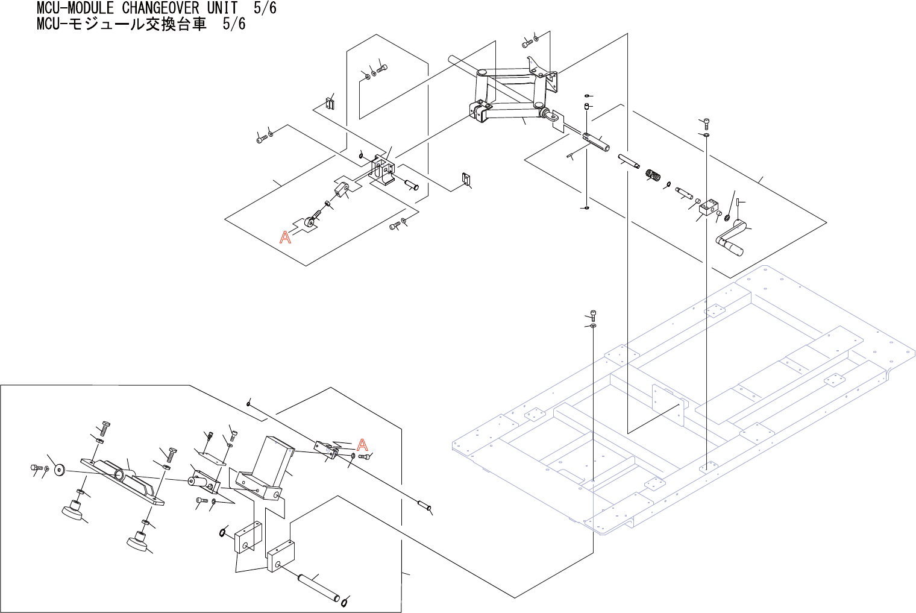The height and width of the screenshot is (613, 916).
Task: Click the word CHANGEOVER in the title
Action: coord(160,8)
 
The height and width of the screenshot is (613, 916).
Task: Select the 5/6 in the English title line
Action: coord(265,8)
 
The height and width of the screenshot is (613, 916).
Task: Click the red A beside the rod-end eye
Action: coord(285,237)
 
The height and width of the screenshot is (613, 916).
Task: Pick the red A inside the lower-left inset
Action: coord(362,445)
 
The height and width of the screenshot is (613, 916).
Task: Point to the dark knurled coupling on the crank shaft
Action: coord(653,175)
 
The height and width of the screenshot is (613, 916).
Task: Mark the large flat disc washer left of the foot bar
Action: coord(59,470)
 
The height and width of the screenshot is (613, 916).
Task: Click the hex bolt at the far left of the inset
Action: coord(34,467)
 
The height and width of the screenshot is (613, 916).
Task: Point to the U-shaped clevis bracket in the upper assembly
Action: coord(382,169)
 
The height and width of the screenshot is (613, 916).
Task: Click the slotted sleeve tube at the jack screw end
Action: coord(596,143)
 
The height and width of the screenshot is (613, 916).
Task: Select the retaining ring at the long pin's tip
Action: coord(345,602)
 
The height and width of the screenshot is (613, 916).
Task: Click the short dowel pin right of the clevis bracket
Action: coord(410,184)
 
